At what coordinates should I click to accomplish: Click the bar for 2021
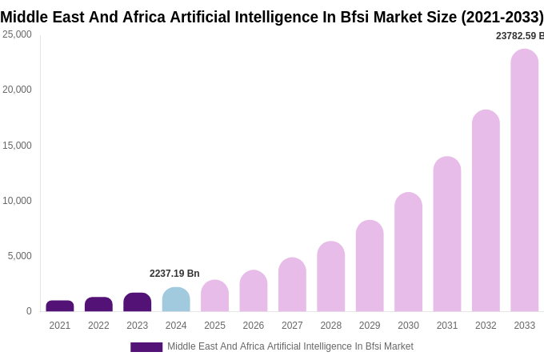[x=60, y=306]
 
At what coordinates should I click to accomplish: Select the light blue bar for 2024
[x=176, y=299]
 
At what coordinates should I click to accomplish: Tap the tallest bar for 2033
[x=525, y=180]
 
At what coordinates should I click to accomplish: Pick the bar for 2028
[x=331, y=276]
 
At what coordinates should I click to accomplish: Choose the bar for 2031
[x=447, y=234]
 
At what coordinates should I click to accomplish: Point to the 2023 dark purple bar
[x=138, y=302]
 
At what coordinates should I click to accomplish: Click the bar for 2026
[x=254, y=290]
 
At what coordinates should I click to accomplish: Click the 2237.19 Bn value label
[x=174, y=274]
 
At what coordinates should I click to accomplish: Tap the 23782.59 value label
[x=519, y=36]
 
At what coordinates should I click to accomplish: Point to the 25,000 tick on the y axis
[x=17, y=34]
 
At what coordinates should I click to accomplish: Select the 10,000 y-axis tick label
[x=17, y=201]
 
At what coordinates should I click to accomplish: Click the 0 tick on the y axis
[x=29, y=311]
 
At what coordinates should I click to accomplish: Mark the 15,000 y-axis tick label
[x=17, y=146]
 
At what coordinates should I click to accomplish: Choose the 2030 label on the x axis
[x=408, y=326]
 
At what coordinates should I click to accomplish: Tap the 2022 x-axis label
[x=98, y=326]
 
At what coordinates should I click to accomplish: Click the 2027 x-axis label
[x=292, y=326]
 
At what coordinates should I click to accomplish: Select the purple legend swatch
[x=146, y=347]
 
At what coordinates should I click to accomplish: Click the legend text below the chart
[x=290, y=346]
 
